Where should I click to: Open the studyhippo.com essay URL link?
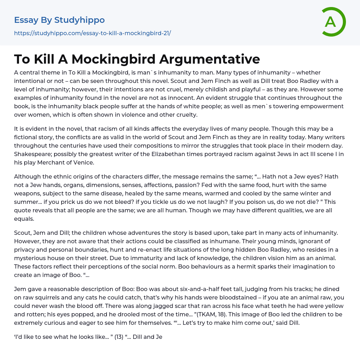tap(92, 33)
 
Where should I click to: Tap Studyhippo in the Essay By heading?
tap(79, 20)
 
